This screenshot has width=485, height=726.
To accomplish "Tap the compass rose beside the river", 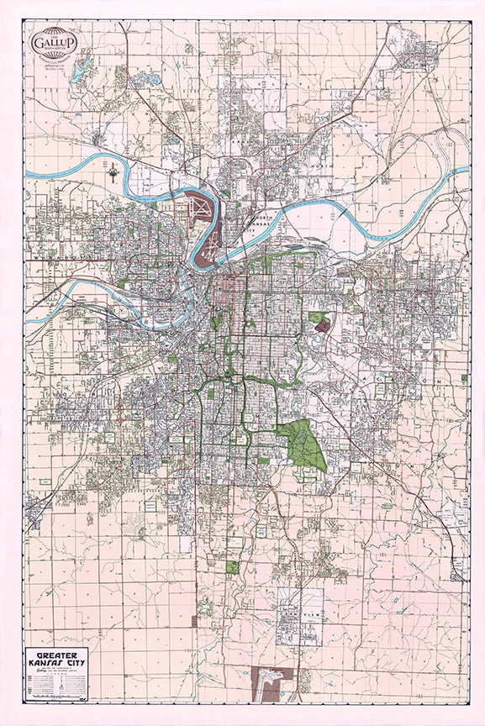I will [113, 171].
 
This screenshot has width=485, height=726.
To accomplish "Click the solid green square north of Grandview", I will [233, 567].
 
